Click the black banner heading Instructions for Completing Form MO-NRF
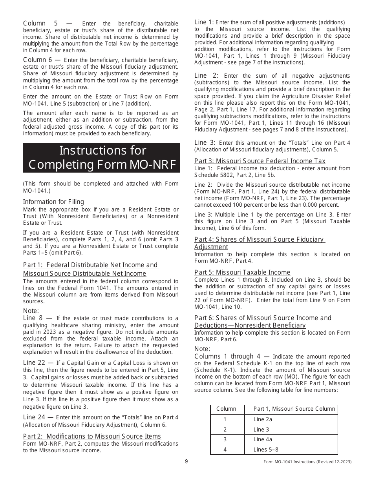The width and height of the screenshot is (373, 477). coord(101,158)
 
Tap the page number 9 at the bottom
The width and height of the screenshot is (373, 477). coord(186,461)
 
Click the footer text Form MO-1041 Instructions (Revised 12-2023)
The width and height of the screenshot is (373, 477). coord(307,462)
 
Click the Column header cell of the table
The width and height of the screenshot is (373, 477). coord(227,409)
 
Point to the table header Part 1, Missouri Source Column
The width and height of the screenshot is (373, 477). coord(294,409)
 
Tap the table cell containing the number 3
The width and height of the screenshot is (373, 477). coord(225,439)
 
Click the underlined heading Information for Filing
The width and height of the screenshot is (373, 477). coord(53,202)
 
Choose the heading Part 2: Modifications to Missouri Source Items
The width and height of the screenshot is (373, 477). coord(92,436)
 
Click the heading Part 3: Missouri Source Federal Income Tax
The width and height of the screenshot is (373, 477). coord(260,161)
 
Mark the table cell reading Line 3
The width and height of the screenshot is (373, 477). coord(261,430)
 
